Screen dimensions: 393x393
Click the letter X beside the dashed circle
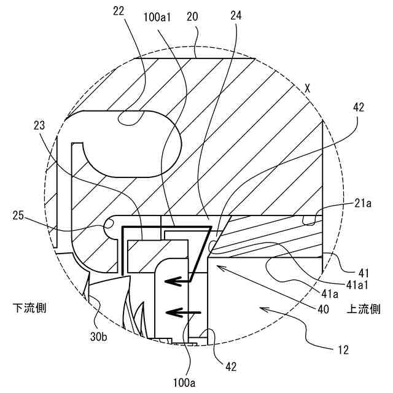point(307,88)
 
